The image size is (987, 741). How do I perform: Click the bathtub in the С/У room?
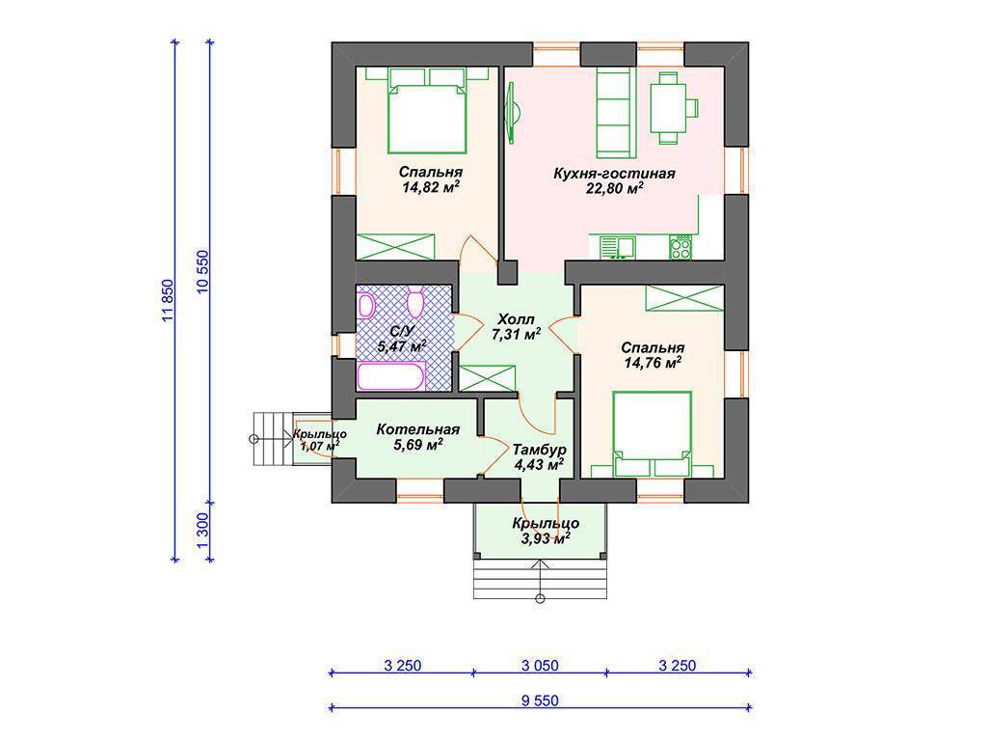click(391, 376)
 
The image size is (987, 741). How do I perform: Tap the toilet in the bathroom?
click(415, 302)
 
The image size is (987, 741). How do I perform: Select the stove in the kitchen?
click(680, 247)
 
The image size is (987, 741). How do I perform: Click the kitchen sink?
click(617, 247)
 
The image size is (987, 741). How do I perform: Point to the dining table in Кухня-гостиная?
click(668, 108)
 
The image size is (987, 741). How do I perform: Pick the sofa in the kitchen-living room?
click(614, 113)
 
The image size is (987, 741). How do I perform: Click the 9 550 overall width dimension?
click(540, 700)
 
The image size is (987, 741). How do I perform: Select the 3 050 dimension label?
click(540, 665)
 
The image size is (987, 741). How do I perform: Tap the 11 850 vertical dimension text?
click(167, 301)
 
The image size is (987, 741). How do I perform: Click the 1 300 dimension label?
click(202, 531)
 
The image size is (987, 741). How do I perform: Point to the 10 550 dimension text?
click(202, 272)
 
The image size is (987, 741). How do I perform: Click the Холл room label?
click(516, 318)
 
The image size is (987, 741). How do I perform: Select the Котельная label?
click(418, 429)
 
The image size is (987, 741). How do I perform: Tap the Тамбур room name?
click(539, 450)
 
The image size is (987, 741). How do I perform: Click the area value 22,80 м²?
click(614, 188)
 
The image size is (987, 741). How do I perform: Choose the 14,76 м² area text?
click(653, 363)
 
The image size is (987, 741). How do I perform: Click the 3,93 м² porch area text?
click(546, 538)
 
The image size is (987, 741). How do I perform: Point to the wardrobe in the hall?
click(487, 378)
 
